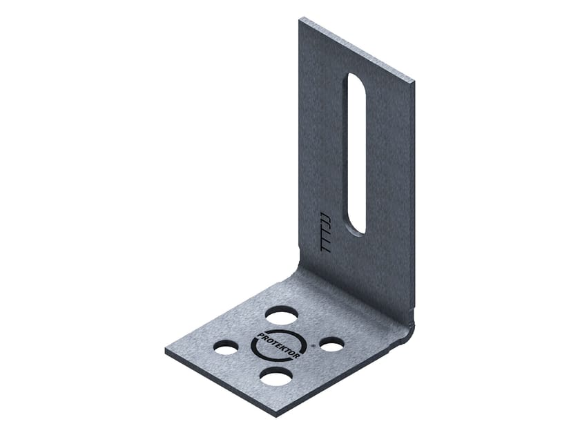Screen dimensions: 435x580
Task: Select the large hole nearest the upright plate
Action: click(x=282, y=316)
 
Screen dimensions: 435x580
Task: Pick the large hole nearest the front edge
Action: click(x=276, y=376)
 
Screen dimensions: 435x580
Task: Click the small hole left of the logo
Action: click(x=226, y=347)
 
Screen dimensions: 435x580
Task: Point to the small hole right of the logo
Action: click(x=331, y=343)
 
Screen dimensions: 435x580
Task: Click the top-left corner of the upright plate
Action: click(x=300, y=19)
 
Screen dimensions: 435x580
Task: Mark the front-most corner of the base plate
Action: click(x=275, y=415)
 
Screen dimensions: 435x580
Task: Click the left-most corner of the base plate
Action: click(x=166, y=350)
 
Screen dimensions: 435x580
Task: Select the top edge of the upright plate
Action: click(x=357, y=48)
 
